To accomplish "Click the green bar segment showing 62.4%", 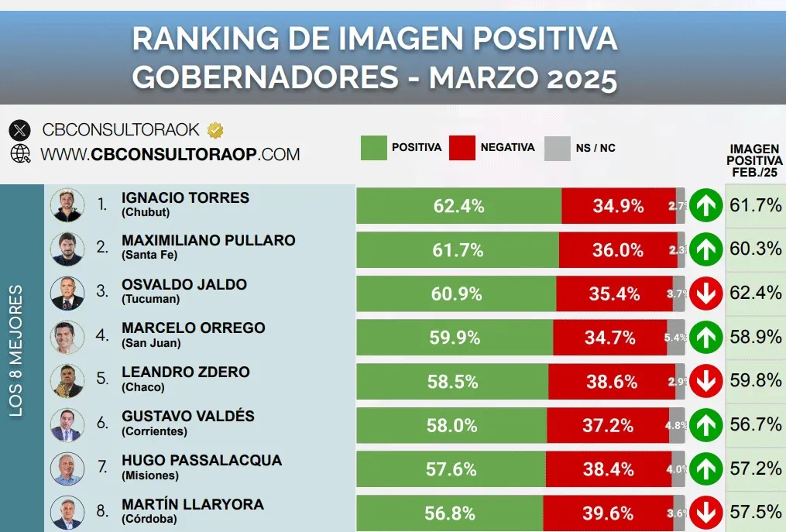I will point(458,206).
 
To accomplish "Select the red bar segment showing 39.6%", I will point(607,513).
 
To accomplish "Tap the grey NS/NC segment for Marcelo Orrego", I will point(675,338).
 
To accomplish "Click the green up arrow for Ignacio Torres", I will point(706,206).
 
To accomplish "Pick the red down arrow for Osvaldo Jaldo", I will point(706,293).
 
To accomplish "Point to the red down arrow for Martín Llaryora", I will point(706,513).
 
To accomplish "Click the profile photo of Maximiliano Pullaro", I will point(67,249).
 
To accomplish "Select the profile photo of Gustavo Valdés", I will point(67,424).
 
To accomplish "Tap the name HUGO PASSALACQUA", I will point(201,460).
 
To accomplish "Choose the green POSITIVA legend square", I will point(373,148).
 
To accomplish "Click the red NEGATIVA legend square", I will point(462,148).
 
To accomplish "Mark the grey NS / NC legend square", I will point(557,148).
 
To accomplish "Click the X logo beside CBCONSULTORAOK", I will point(20,130).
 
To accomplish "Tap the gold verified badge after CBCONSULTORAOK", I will point(215,129).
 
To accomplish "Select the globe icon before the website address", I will point(20,153).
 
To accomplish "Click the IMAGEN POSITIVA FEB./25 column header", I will point(755,160).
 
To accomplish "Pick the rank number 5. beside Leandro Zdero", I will point(102,379).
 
